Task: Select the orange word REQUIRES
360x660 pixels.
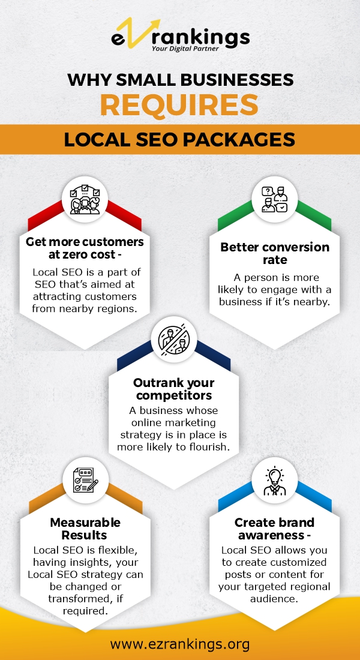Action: (179, 105)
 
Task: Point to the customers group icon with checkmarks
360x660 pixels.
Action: (85, 199)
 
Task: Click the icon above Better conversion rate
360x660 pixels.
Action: (275, 199)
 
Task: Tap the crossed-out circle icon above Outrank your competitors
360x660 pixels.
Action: (174, 338)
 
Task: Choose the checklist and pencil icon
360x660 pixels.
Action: (85, 479)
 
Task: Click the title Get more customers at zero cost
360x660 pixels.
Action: (85, 249)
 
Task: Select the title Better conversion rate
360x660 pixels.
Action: (275, 253)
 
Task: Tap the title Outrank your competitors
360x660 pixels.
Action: (174, 389)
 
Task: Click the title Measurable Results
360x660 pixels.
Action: (85, 529)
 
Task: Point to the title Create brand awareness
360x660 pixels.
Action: (275, 529)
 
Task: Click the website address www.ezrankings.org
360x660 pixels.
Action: (180, 644)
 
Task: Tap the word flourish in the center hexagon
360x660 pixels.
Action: (210, 447)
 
